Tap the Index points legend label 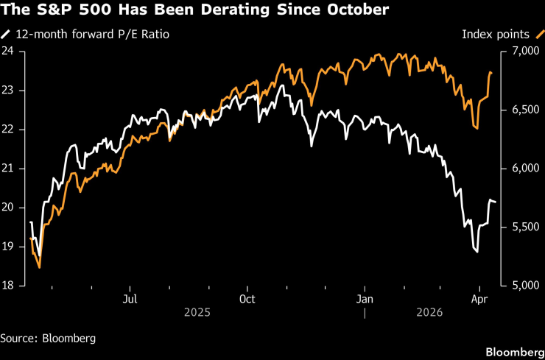coord(497,33)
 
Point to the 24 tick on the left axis coord(9,52)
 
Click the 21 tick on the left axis coord(9,169)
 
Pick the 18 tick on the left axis coord(9,286)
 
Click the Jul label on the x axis coord(130,299)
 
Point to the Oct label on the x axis coord(247,299)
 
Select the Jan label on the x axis coord(364,299)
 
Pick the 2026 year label coord(430,312)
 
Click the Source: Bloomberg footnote coord(48,339)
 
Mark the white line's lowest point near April coord(477,253)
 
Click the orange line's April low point coord(477,129)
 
